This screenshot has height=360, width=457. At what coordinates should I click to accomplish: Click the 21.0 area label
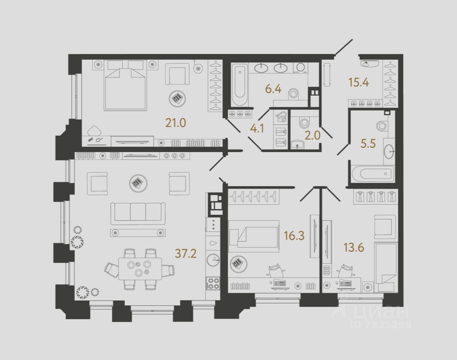[x=176, y=123]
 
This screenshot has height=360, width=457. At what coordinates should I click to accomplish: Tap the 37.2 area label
[x=186, y=254]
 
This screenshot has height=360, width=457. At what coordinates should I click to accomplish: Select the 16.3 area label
[x=294, y=237]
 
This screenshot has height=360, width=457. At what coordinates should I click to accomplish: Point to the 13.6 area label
[x=353, y=248]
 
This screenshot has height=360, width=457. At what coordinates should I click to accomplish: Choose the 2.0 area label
[x=313, y=135]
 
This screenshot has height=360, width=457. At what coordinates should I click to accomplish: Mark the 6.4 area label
[x=273, y=89]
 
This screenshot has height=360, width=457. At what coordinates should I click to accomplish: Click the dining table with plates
[x=140, y=268]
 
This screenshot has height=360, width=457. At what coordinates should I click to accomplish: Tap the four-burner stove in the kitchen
[x=213, y=283]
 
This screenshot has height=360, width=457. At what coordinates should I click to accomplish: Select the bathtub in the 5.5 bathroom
[x=372, y=174]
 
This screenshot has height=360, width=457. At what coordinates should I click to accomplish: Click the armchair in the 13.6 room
[x=384, y=227]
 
